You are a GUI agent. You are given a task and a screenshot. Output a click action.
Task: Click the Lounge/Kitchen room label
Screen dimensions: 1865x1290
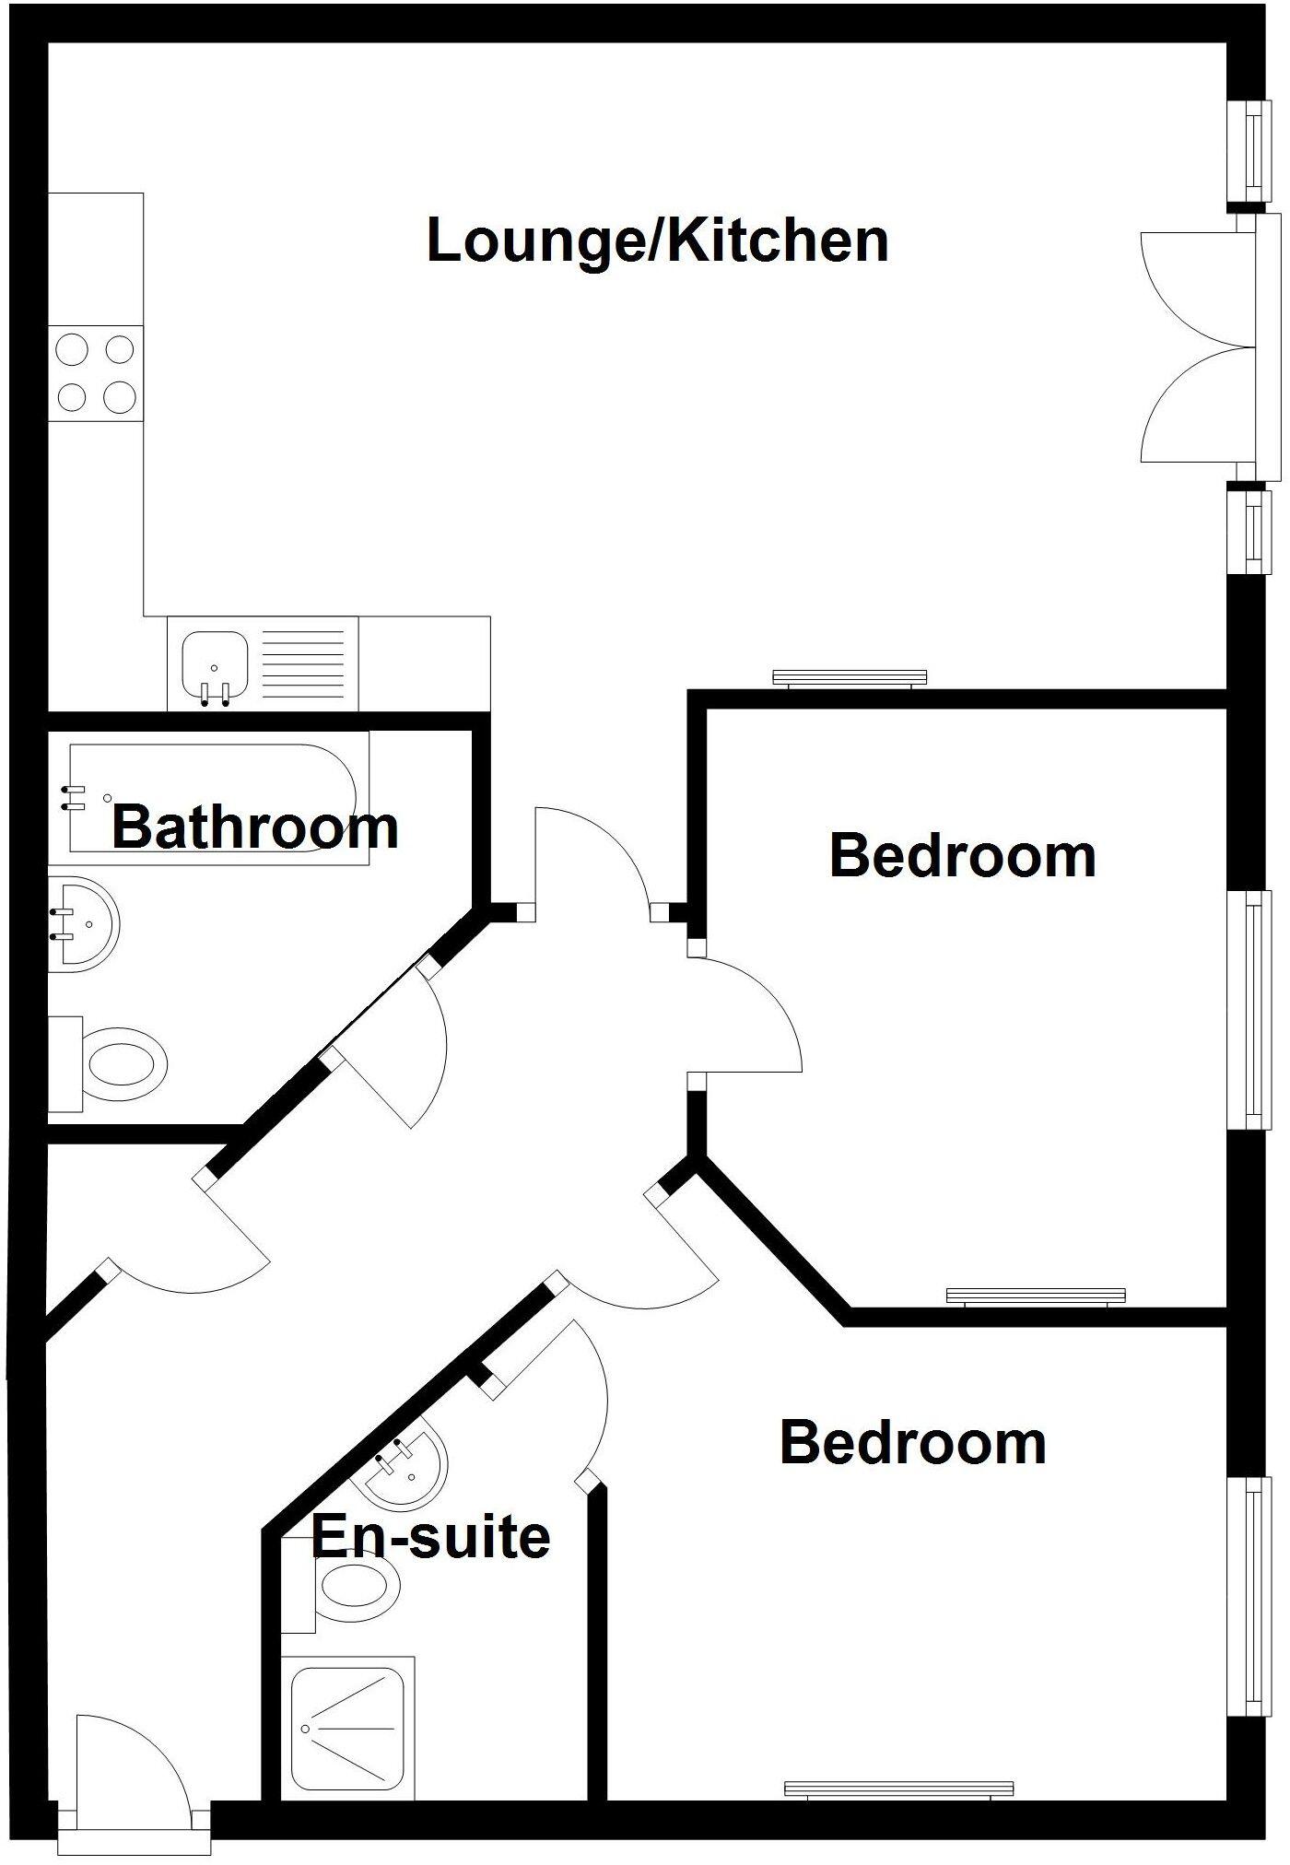tap(657, 241)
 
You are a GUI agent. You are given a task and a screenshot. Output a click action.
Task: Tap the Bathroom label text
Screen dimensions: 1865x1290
tap(255, 827)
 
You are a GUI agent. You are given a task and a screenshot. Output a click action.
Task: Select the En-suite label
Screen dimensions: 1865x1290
tap(431, 1536)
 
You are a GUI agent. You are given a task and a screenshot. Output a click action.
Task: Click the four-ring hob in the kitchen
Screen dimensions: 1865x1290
tap(96, 374)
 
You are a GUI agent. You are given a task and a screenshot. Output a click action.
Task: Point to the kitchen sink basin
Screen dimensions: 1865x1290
tap(214, 662)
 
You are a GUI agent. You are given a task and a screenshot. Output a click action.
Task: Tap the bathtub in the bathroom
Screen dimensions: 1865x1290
tap(219, 797)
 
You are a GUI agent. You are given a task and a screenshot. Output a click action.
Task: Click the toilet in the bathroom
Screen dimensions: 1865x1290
tap(115, 1065)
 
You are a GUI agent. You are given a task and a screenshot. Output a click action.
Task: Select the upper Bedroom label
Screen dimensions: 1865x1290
tap(963, 856)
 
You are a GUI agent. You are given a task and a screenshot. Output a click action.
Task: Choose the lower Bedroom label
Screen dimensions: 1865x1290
tap(913, 1442)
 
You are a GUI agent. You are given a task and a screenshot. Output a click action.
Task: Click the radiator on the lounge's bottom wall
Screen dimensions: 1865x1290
tap(849, 678)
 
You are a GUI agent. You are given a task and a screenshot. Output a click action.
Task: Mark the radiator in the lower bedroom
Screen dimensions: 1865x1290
tap(898, 1789)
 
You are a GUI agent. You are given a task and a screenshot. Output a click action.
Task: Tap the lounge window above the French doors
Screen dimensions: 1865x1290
tap(1253, 151)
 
